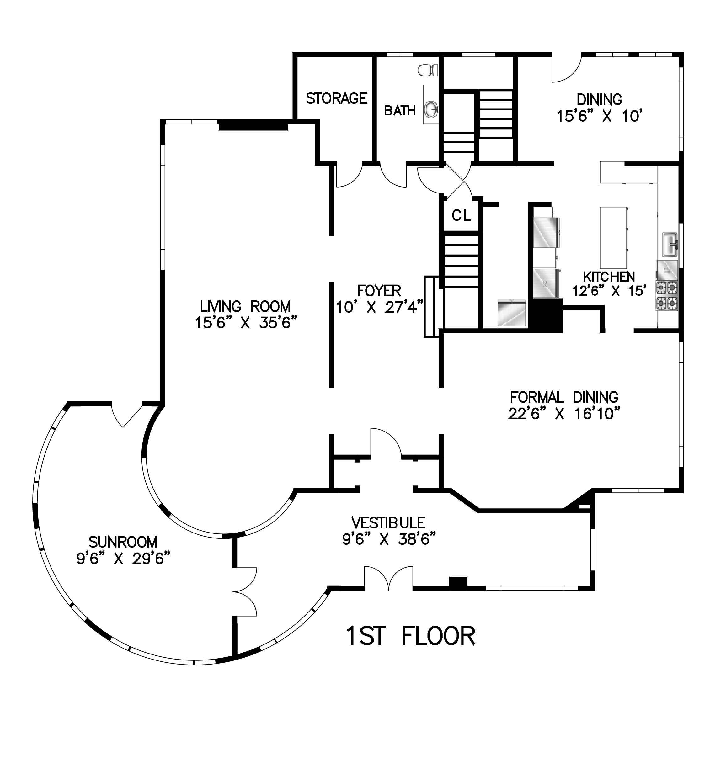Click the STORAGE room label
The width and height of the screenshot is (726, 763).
point(336,98)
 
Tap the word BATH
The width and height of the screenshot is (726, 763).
point(400,111)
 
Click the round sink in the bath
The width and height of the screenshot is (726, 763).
point(431,110)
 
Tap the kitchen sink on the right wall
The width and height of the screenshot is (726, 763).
point(670,244)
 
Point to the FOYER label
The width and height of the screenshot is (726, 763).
point(379,290)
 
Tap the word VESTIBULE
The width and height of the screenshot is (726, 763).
point(388,523)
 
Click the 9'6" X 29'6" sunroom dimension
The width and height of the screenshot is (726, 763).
point(123,559)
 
